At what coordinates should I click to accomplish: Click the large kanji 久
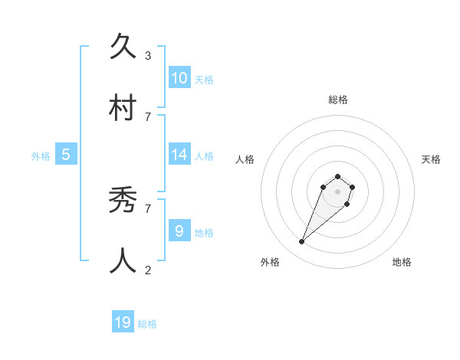click(x=124, y=47)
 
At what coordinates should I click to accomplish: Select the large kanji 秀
click(x=124, y=201)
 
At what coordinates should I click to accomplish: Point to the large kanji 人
click(x=124, y=261)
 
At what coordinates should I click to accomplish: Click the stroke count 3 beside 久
click(x=148, y=56)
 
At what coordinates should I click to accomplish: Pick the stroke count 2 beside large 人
click(x=148, y=270)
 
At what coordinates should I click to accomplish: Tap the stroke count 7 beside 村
click(x=148, y=116)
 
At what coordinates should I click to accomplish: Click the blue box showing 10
click(x=179, y=78)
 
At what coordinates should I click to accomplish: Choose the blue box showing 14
click(x=179, y=154)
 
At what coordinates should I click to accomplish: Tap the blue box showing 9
click(x=179, y=231)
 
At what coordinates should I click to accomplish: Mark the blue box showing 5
click(x=66, y=154)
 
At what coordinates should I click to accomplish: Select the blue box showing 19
click(x=123, y=322)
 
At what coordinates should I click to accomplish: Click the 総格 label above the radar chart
click(x=337, y=100)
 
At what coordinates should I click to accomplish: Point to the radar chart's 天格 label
click(x=431, y=159)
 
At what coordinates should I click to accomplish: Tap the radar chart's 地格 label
click(x=402, y=262)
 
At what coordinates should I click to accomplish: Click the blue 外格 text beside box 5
click(x=41, y=155)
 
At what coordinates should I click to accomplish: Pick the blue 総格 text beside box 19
click(x=147, y=324)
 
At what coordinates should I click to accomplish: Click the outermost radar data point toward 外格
click(x=302, y=242)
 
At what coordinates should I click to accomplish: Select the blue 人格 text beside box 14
click(x=204, y=155)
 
